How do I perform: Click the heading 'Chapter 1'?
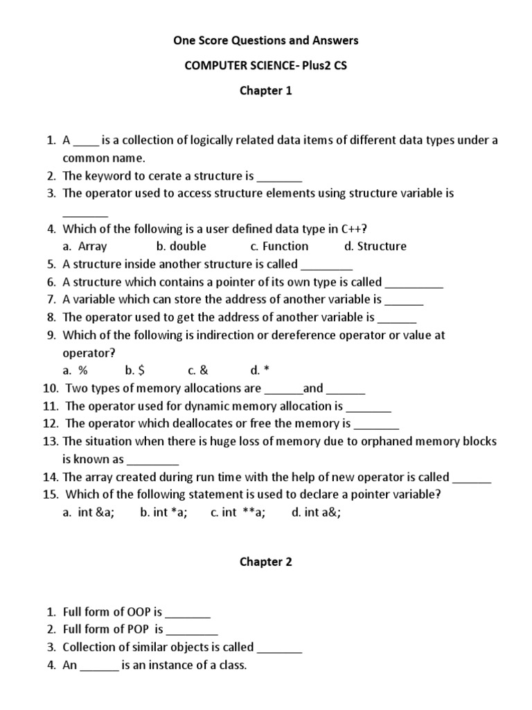click(x=266, y=91)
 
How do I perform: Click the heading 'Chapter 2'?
click(x=266, y=562)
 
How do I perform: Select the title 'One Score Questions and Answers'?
click(x=266, y=41)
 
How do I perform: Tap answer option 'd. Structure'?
click(x=375, y=246)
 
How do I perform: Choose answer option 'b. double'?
click(x=181, y=246)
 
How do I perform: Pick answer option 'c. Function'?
click(x=279, y=246)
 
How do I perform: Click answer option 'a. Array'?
click(x=85, y=246)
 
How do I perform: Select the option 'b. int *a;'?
click(x=163, y=513)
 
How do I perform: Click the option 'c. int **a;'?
click(x=238, y=513)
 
